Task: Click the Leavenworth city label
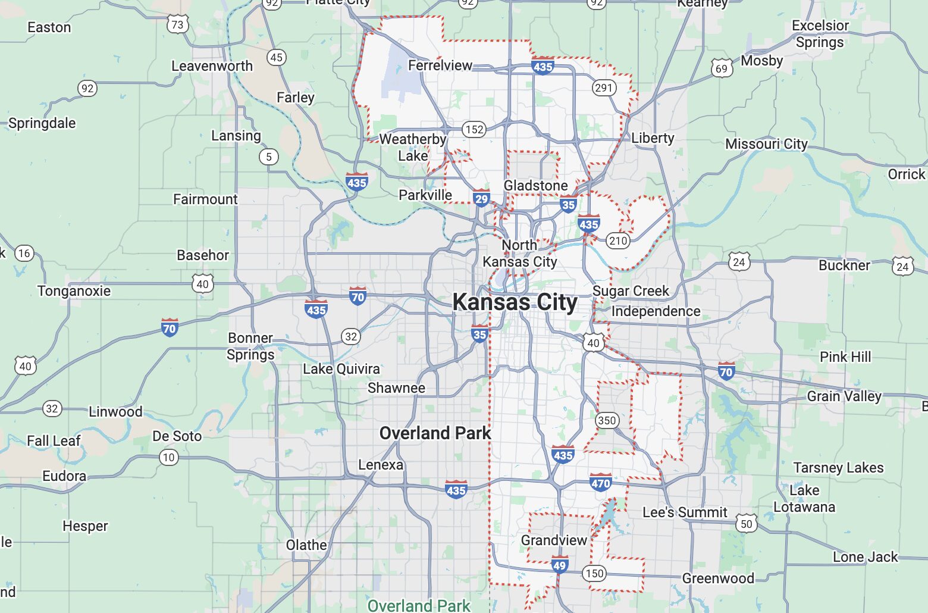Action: tap(212, 66)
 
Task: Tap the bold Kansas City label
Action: tap(515, 302)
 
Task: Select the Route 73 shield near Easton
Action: tap(177, 24)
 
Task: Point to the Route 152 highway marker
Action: tap(474, 129)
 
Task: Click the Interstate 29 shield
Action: tap(481, 199)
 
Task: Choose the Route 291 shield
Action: tap(604, 88)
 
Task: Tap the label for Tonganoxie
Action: tap(74, 291)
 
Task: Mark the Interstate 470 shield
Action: tap(601, 483)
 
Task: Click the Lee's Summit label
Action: tap(685, 512)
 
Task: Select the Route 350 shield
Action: tap(607, 420)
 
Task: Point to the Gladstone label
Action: tap(535, 186)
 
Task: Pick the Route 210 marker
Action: tap(617, 240)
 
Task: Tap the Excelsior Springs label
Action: tap(820, 34)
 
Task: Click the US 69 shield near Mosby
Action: tap(722, 68)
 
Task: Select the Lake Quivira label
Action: tap(341, 369)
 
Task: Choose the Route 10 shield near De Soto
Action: tap(169, 457)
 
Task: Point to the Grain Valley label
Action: tap(844, 396)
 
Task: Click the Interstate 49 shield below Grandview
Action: tap(559, 565)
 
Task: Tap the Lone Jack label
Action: tap(865, 557)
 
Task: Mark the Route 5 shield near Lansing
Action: tap(269, 157)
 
